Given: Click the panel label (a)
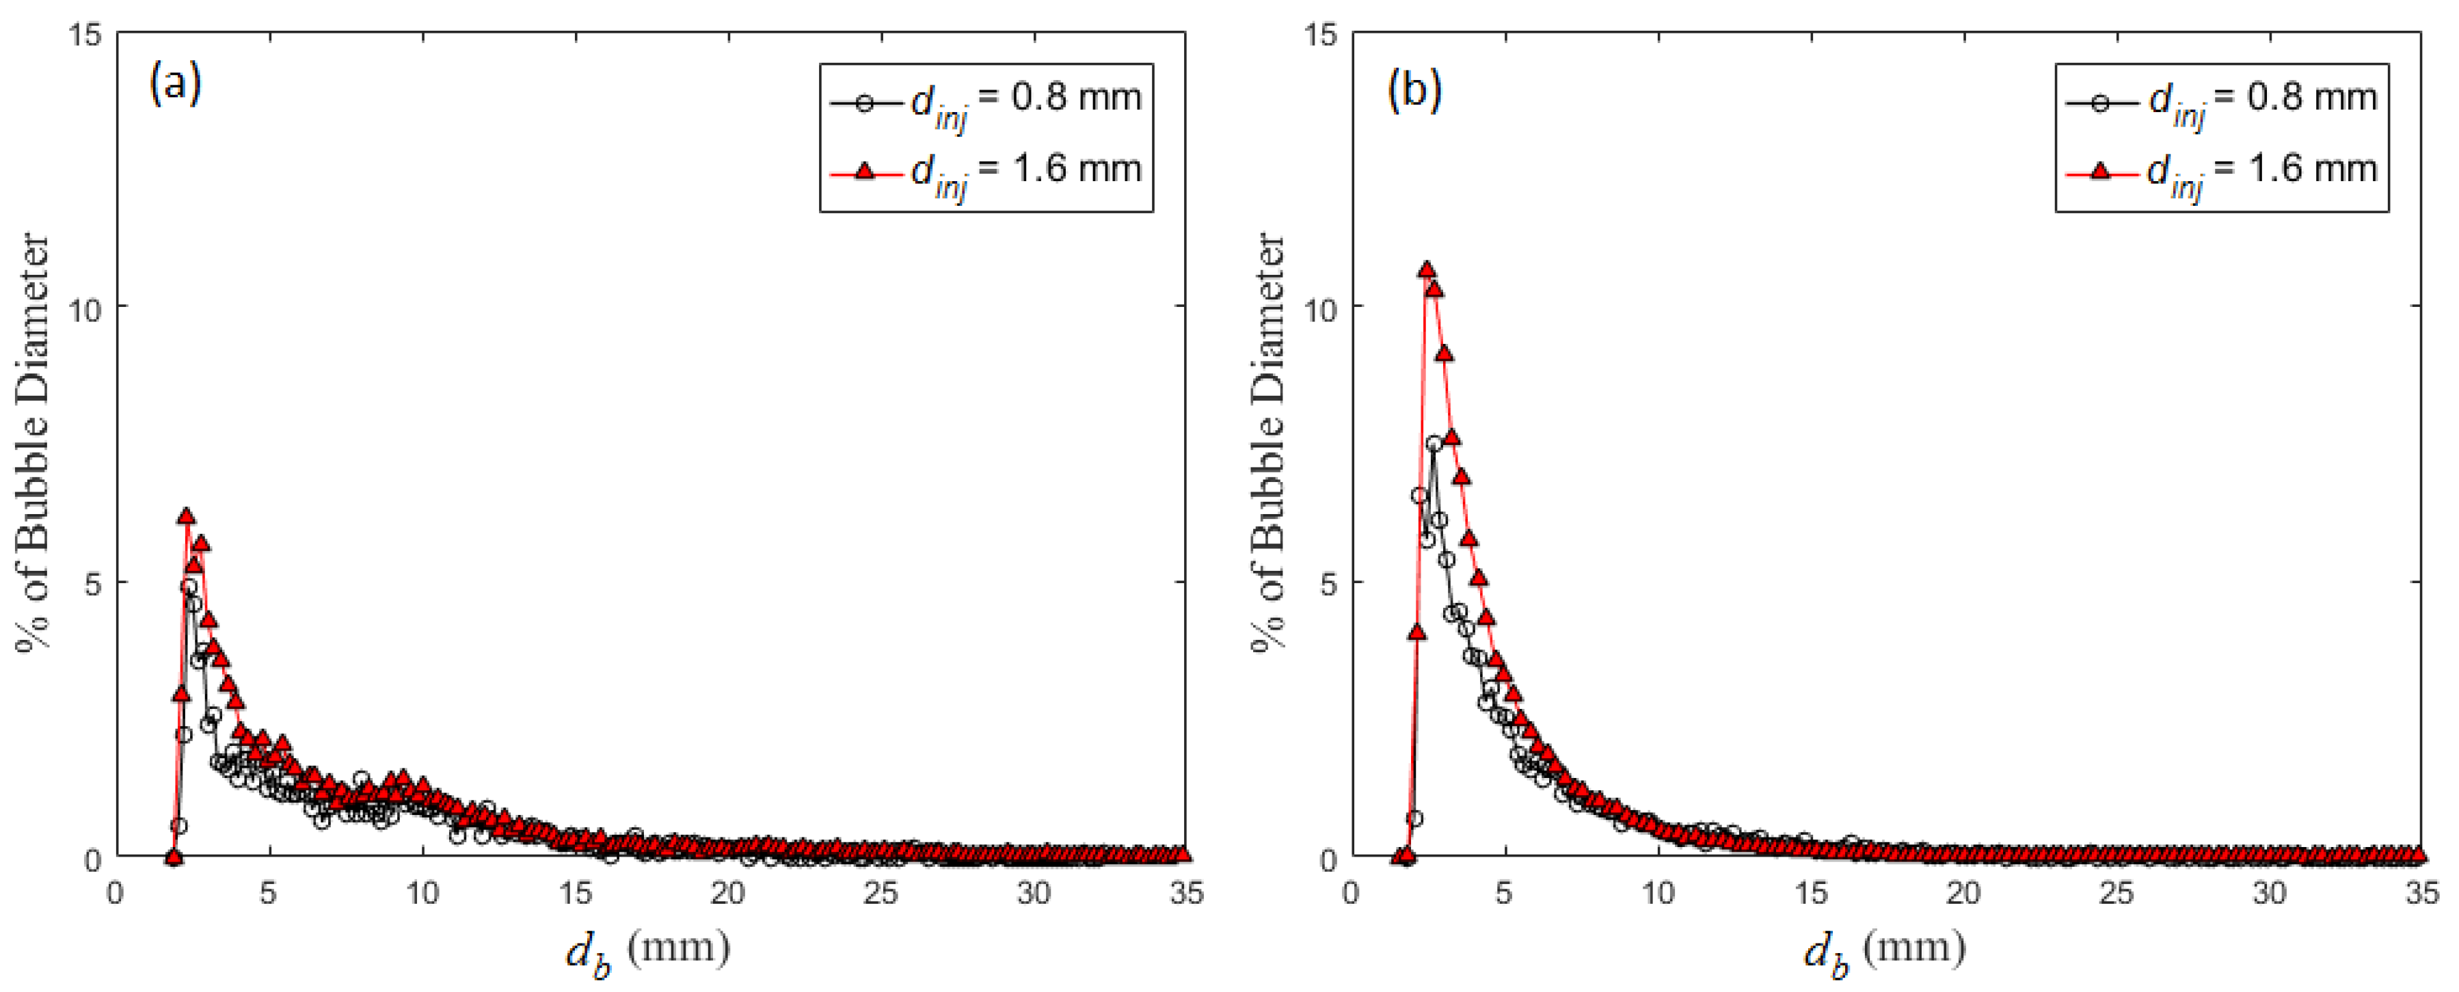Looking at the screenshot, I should coord(176,84).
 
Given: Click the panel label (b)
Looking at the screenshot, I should coord(1414,89).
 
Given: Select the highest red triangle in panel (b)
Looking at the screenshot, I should coord(1426,270).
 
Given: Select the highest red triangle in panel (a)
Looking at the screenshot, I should coord(186,517).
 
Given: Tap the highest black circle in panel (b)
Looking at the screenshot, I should coord(1434,444).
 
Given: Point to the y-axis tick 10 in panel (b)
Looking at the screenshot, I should coord(1321,309).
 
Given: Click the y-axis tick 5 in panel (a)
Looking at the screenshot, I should coord(92,583).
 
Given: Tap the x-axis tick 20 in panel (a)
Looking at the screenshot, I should coord(727,893).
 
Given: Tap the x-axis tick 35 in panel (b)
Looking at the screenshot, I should coord(2421,893).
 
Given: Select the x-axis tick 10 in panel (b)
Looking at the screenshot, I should coord(1658,893).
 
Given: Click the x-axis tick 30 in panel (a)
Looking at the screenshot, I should coord(1033,893).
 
